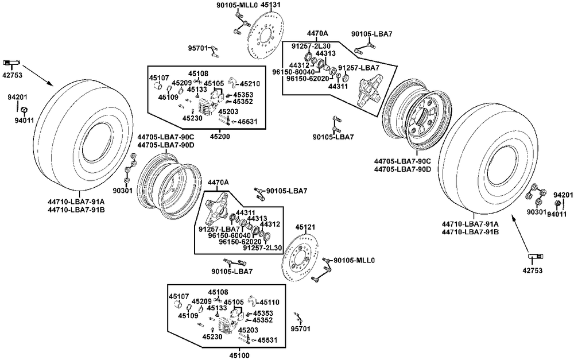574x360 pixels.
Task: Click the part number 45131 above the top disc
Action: (x=270, y=4)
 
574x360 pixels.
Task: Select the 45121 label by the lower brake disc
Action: (x=304, y=227)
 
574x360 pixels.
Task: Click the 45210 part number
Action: (x=250, y=83)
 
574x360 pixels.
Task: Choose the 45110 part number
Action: (x=269, y=301)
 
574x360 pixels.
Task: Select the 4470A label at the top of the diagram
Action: (x=317, y=34)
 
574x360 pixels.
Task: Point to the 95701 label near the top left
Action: (x=198, y=49)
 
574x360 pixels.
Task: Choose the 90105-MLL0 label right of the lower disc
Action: (x=354, y=260)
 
